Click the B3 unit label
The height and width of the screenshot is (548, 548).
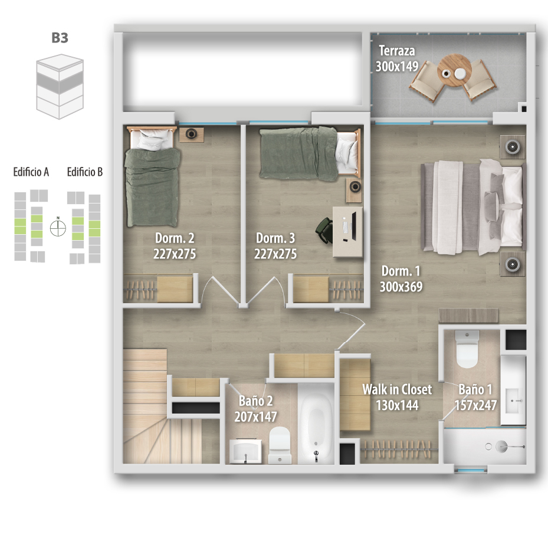pyautogui.click(x=60, y=38)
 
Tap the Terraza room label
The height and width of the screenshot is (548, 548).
pyautogui.click(x=397, y=51)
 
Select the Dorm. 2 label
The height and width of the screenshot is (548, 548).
pyautogui.click(x=175, y=238)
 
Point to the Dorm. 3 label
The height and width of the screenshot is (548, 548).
pyautogui.click(x=275, y=238)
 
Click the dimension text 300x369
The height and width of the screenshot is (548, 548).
pyautogui.click(x=401, y=287)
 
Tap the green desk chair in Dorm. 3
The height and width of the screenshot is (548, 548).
pyautogui.click(x=324, y=229)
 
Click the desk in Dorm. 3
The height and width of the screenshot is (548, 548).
pyautogui.click(x=347, y=231)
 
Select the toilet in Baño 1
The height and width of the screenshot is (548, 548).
pyautogui.click(x=467, y=349)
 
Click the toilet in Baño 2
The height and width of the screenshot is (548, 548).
pyautogui.click(x=280, y=445)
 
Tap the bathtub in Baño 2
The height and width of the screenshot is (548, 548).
pyautogui.click(x=316, y=424)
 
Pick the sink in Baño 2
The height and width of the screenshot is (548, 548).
pyautogui.click(x=246, y=451)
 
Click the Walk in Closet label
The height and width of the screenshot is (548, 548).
pyautogui.click(x=397, y=389)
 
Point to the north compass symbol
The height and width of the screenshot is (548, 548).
pyautogui.click(x=58, y=228)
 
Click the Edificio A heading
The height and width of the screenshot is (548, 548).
pyautogui.click(x=31, y=172)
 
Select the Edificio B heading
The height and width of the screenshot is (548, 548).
pyautogui.click(x=85, y=172)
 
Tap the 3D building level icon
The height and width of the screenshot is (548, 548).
pyautogui.click(x=60, y=86)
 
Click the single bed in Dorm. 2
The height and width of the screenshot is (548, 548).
pyautogui.click(x=152, y=177)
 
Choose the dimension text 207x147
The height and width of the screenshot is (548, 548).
pyautogui.click(x=255, y=416)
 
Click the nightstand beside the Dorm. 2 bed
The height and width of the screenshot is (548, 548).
pyautogui.click(x=192, y=134)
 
